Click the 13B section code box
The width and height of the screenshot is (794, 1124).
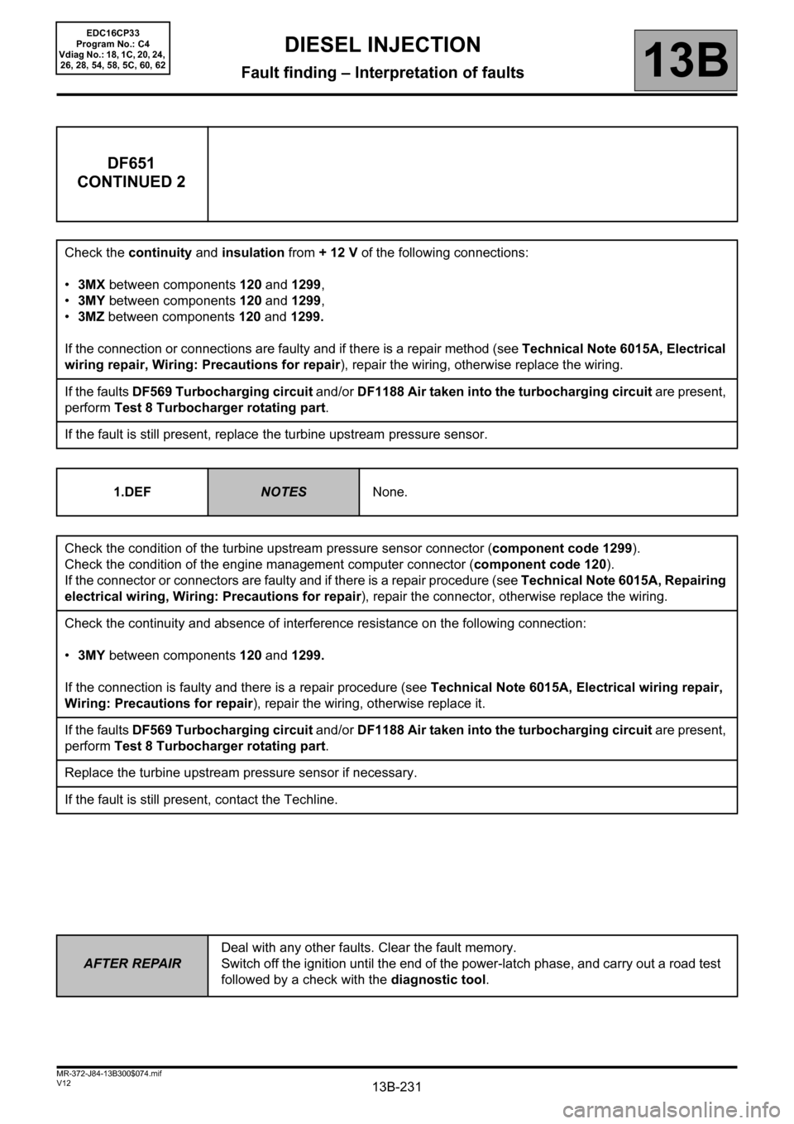(x=686, y=60)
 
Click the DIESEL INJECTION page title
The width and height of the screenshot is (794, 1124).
(x=382, y=45)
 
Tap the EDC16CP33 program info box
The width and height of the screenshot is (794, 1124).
(x=113, y=48)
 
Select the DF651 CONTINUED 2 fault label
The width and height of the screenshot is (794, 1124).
(x=132, y=172)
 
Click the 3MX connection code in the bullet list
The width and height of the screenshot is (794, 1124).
(x=91, y=285)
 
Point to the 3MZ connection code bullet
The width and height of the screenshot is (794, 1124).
(x=91, y=316)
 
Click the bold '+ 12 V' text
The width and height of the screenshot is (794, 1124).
(x=337, y=252)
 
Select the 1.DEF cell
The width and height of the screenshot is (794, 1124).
(x=132, y=492)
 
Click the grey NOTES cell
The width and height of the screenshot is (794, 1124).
(x=284, y=492)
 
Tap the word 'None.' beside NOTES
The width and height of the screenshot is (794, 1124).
(x=390, y=492)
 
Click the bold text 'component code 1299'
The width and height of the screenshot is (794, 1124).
(x=563, y=548)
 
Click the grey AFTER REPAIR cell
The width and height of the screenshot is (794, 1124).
(x=132, y=963)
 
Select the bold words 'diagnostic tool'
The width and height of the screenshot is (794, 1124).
(x=438, y=980)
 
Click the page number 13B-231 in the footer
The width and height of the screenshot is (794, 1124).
(x=397, y=1087)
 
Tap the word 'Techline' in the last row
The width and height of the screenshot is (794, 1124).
(x=309, y=800)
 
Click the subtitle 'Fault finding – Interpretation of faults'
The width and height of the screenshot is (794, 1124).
(x=382, y=73)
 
